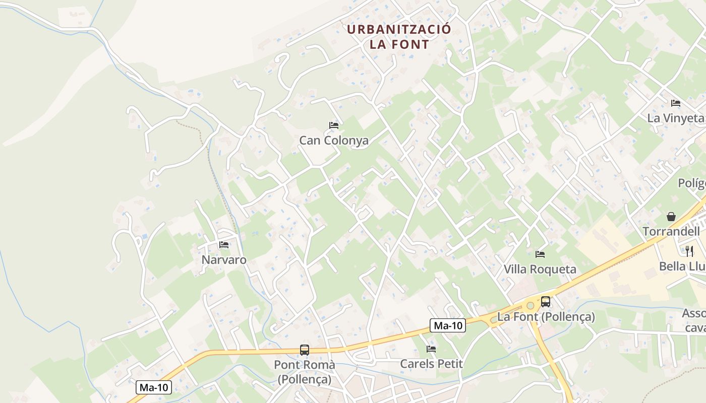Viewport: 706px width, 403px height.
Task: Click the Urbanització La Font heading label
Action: [x=399, y=37]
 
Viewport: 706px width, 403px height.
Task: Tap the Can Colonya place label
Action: [x=334, y=141]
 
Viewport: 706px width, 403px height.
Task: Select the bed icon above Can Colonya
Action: [x=333, y=125]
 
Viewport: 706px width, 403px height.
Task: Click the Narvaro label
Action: [x=224, y=260]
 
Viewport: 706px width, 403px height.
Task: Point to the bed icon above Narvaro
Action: [x=224, y=245]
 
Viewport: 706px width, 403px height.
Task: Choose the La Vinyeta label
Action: [x=675, y=118]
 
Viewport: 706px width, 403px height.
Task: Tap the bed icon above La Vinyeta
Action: [x=676, y=103]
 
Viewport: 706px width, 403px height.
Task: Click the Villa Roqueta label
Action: [x=540, y=269]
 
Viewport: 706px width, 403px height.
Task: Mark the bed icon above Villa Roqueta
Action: [x=540, y=254]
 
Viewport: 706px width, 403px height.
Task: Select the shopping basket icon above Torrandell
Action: [x=671, y=217]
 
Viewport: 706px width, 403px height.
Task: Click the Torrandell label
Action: [x=671, y=231]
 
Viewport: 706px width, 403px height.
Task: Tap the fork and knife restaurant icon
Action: [x=689, y=251]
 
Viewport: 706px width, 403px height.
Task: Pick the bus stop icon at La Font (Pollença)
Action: [x=546, y=302]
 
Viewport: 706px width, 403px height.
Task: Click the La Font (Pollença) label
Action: [x=546, y=317]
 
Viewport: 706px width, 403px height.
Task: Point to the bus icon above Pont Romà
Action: [x=305, y=350]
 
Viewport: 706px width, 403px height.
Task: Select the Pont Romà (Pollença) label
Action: [x=305, y=371]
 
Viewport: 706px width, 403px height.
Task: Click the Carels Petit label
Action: [x=431, y=363]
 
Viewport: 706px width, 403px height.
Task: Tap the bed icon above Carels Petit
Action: [x=431, y=349]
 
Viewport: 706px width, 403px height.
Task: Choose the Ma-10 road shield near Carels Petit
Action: [x=448, y=325]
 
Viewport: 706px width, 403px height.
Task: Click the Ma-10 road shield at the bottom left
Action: [x=154, y=387]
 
